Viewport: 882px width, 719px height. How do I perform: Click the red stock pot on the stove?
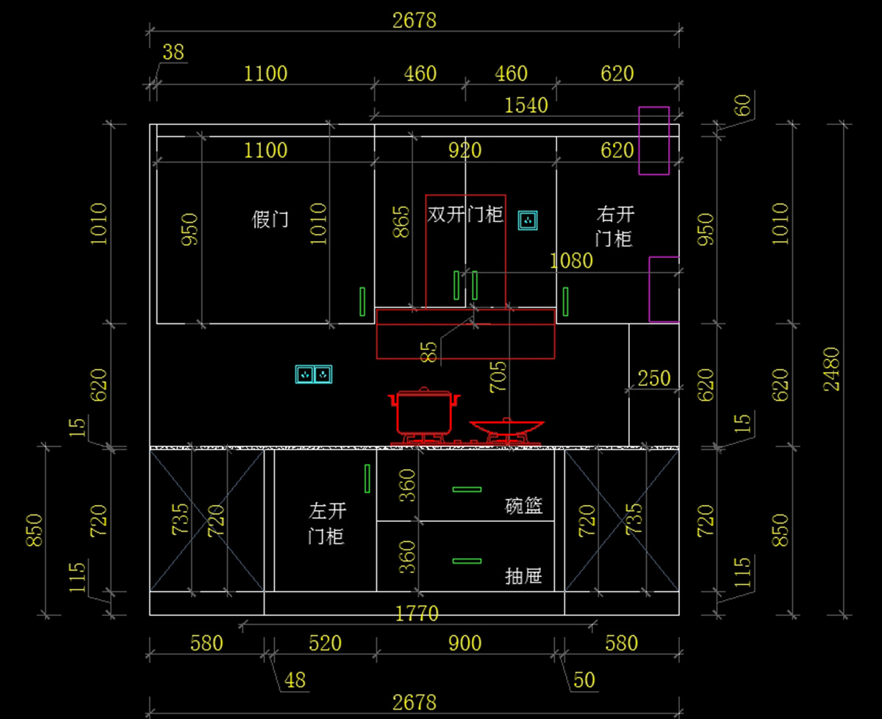(x=424, y=414)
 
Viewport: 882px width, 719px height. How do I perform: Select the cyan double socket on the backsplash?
(x=314, y=375)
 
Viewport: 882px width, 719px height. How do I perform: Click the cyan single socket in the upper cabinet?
(x=528, y=220)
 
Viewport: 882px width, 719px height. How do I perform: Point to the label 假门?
(x=270, y=219)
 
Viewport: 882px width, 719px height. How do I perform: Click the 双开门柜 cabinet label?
(x=465, y=215)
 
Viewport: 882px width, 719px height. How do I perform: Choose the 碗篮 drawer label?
(x=524, y=506)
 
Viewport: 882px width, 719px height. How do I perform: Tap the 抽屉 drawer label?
(x=524, y=576)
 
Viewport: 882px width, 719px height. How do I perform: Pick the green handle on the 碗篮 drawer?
(x=467, y=489)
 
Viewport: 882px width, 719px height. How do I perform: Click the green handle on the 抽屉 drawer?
(x=467, y=561)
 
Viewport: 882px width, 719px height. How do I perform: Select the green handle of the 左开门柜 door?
(x=367, y=479)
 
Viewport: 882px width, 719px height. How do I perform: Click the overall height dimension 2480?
(x=832, y=368)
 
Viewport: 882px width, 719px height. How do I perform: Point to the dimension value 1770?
(x=417, y=613)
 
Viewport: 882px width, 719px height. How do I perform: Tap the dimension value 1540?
(x=526, y=105)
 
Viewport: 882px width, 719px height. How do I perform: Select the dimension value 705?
(x=498, y=377)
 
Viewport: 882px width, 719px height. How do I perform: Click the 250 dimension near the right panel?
(x=653, y=379)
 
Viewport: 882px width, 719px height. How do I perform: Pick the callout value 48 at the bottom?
(x=295, y=679)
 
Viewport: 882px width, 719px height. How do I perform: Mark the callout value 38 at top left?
(x=173, y=52)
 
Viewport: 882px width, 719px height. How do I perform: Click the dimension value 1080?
(x=571, y=261)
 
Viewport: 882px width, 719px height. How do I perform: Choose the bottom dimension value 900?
(x=465, y=643)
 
